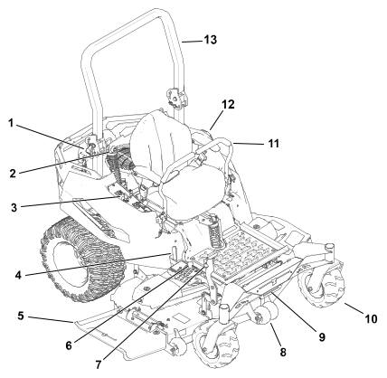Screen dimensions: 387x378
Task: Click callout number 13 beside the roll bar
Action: [211, 40]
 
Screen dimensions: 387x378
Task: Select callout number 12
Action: [228, 104]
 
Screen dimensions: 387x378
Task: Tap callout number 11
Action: [274, 144]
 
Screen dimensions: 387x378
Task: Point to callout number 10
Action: [371, 318]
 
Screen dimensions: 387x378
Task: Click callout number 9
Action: [322, 337]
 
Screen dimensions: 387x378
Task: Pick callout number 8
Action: [283, 352]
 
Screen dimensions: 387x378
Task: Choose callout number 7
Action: [99, 364]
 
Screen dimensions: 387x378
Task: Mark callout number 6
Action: [69, 345]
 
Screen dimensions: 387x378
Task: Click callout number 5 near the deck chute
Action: [21, 317]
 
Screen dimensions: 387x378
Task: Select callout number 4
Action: [18, 275]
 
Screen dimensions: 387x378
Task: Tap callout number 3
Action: [14, 208]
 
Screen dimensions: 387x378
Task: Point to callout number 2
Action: [13, 174]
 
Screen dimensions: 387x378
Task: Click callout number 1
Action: [11, 123]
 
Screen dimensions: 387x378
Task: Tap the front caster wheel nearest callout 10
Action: [322, 286]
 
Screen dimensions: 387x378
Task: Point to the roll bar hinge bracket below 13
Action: [175, 97]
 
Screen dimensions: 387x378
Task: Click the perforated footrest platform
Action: [240, 248]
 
